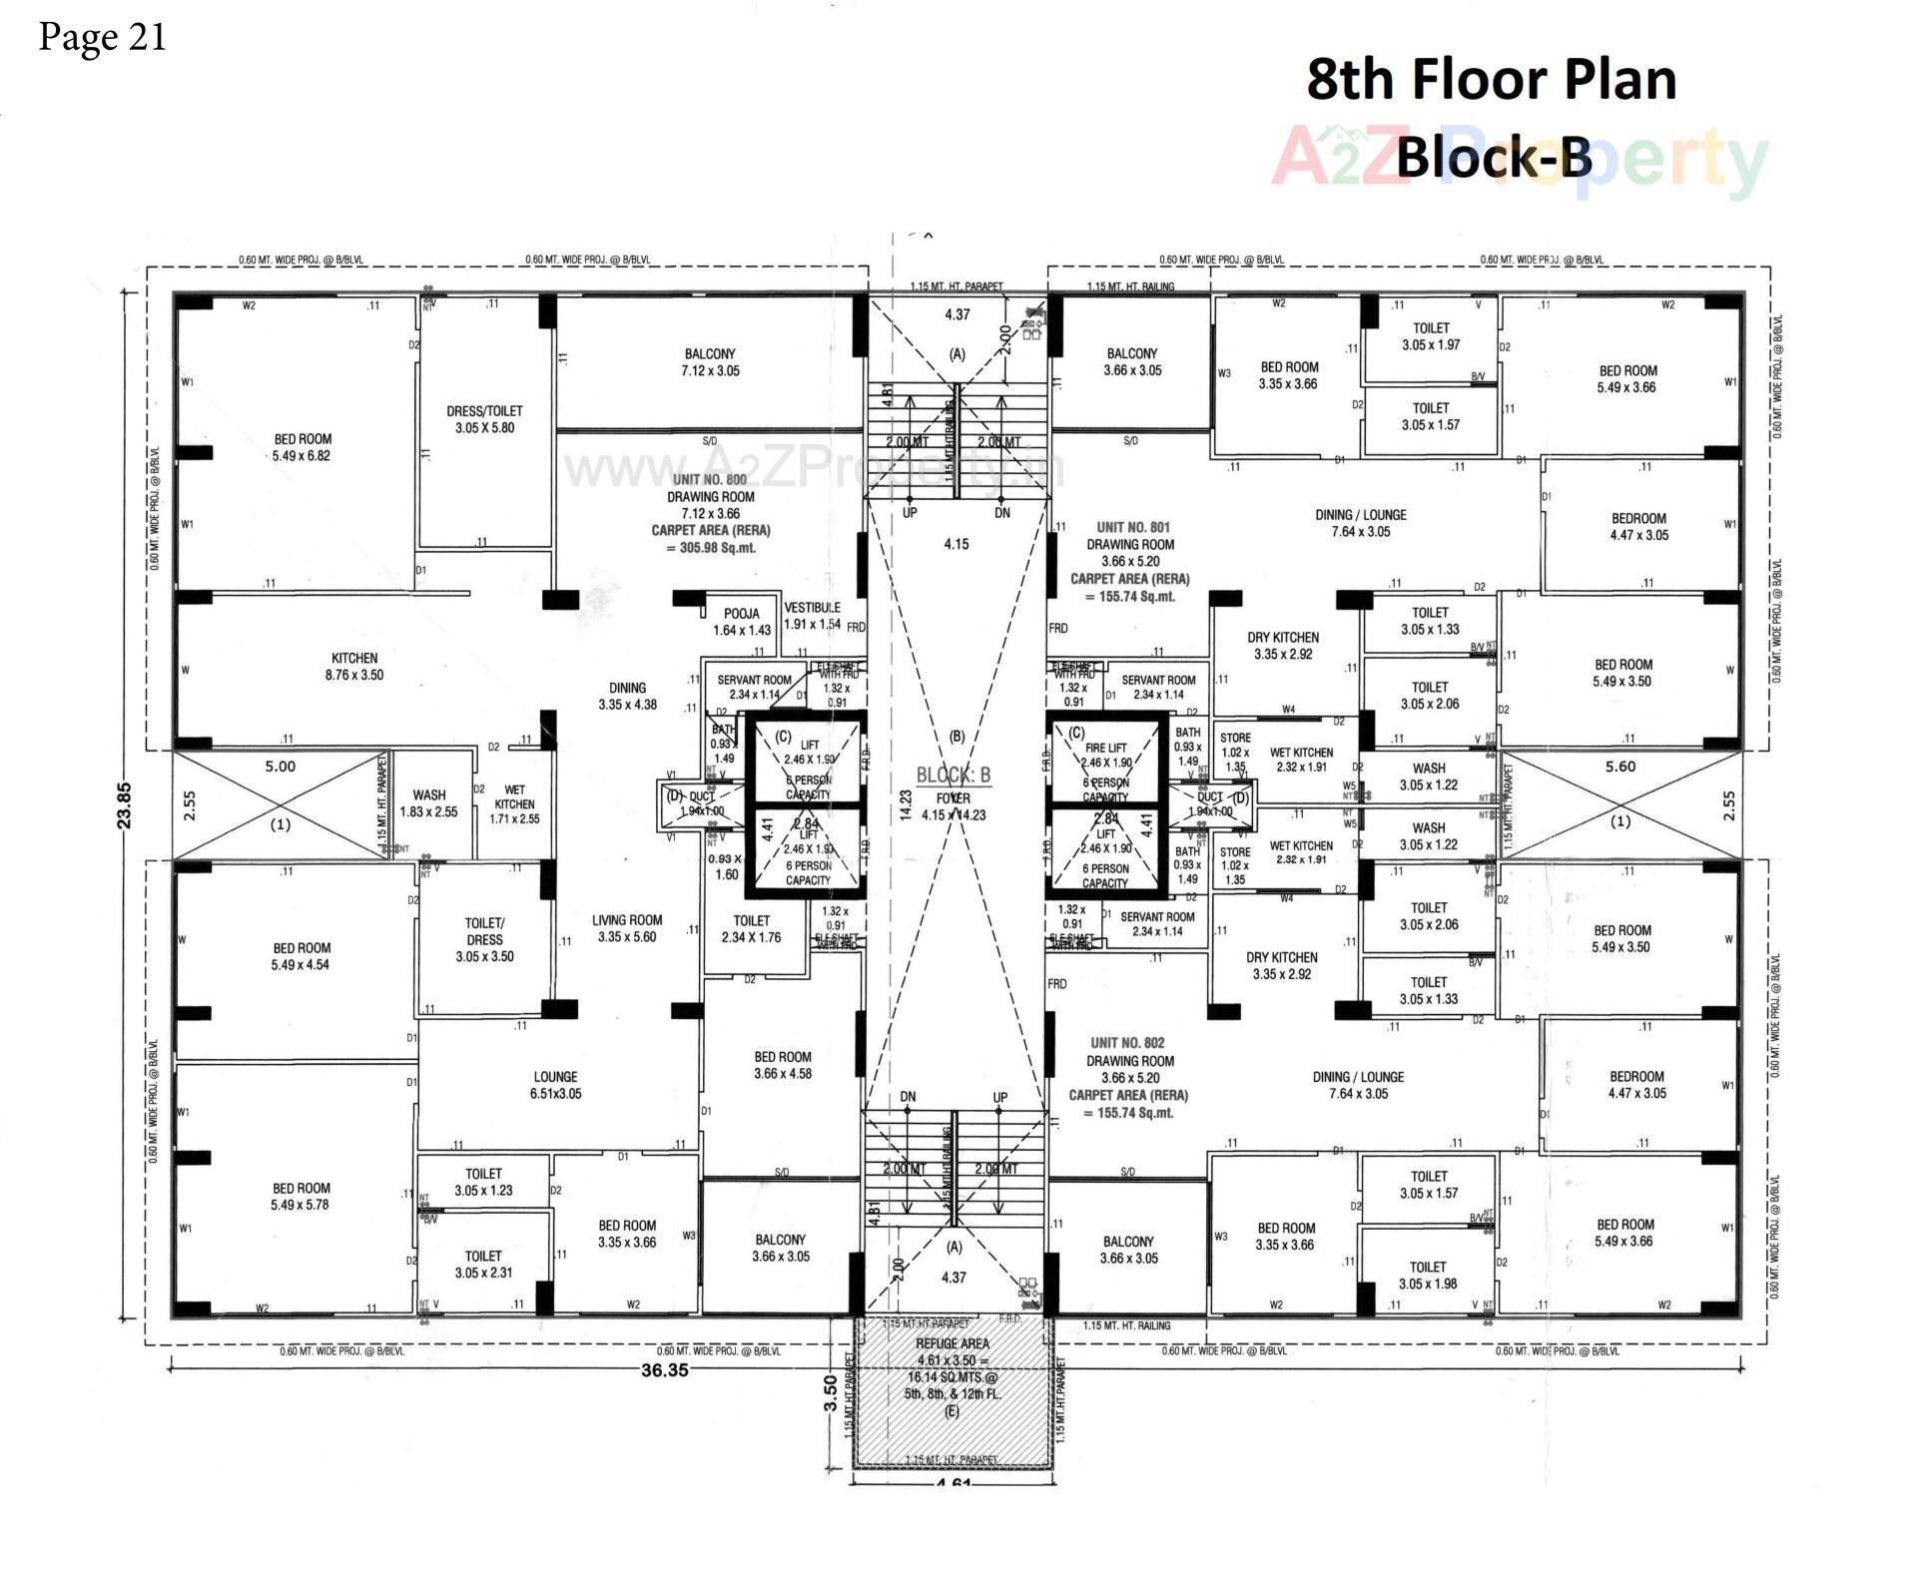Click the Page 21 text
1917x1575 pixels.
pyautogui.click(x=102, y=37)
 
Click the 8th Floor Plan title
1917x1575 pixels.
pyautogui.click(x=1491, y=80)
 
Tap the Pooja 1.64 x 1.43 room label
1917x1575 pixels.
pyautogui.click(x=741, y=622)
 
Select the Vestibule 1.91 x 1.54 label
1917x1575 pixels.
pyautogui.click(x=812, y=615)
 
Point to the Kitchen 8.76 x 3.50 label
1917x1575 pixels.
pyautogui.click(x=354, y=666)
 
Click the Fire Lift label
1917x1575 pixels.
pyautogui.click(x=1105, y=748)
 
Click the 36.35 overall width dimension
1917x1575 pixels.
pyautogui.click(x=664, y=1370)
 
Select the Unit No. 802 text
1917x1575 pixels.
pyautogui.click(x=1127, y=1043)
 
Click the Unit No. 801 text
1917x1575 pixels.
pyautogui.click(x=1132, y=527)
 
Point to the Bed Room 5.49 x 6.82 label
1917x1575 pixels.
pyautogui.click(x=302, y=447)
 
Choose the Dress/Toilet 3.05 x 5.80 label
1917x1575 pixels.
pyautogui.click(x=484, y=419)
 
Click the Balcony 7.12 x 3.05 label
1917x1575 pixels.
pyautogui.click(x=710, y=362)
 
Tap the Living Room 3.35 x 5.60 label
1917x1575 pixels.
pyautogui.click(x=626, y=928)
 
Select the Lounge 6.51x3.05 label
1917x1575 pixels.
pyautogui.click(x=555, y=1085)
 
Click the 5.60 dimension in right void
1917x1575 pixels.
pyautogui.click(x=1620, y=767)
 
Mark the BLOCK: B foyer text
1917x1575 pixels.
pyautogui.click(x=953, y=776)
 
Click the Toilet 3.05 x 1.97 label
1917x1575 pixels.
pyautogui.click(x=1430, y=336)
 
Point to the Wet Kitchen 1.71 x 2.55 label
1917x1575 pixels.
pyautogui.click(x=514, y=803)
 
